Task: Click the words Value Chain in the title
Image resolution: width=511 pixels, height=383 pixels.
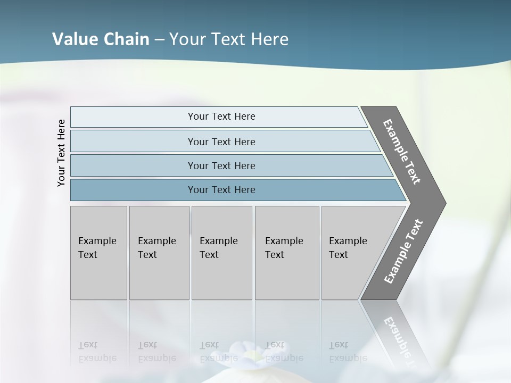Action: click(x=101, y=39)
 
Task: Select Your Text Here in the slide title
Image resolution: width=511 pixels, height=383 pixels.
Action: click(x=229, y=39)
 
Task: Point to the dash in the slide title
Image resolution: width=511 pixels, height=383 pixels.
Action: click(x=159, y=40)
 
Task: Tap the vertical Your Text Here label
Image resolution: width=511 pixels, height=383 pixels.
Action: click(x=61, y=153)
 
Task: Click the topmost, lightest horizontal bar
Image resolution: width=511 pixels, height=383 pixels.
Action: click(x=221, y=116)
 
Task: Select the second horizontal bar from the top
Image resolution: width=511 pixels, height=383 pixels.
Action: click(x=221, y=141)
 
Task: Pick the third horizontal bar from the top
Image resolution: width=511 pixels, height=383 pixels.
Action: click(x=221, y=165)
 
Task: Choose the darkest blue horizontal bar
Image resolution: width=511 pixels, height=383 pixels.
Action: click(x=221, y=190)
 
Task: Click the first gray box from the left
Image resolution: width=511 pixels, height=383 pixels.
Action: click(x=98, y=253)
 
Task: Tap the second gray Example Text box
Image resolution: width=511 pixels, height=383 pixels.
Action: click(x=159, y=253)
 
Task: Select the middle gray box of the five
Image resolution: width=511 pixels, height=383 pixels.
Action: click(x=221, y=253)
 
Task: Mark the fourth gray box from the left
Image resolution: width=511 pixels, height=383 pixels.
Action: click(x=287, y=253)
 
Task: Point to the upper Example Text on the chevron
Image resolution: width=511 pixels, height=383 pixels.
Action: click(x=402, y=152)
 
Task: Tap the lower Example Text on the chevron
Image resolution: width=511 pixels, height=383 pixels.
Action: click(x=403, y=251)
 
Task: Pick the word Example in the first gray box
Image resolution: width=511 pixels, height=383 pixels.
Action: click(x=97, y=241)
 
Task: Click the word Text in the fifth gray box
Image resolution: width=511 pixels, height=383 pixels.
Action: click(x=338, y=255)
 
